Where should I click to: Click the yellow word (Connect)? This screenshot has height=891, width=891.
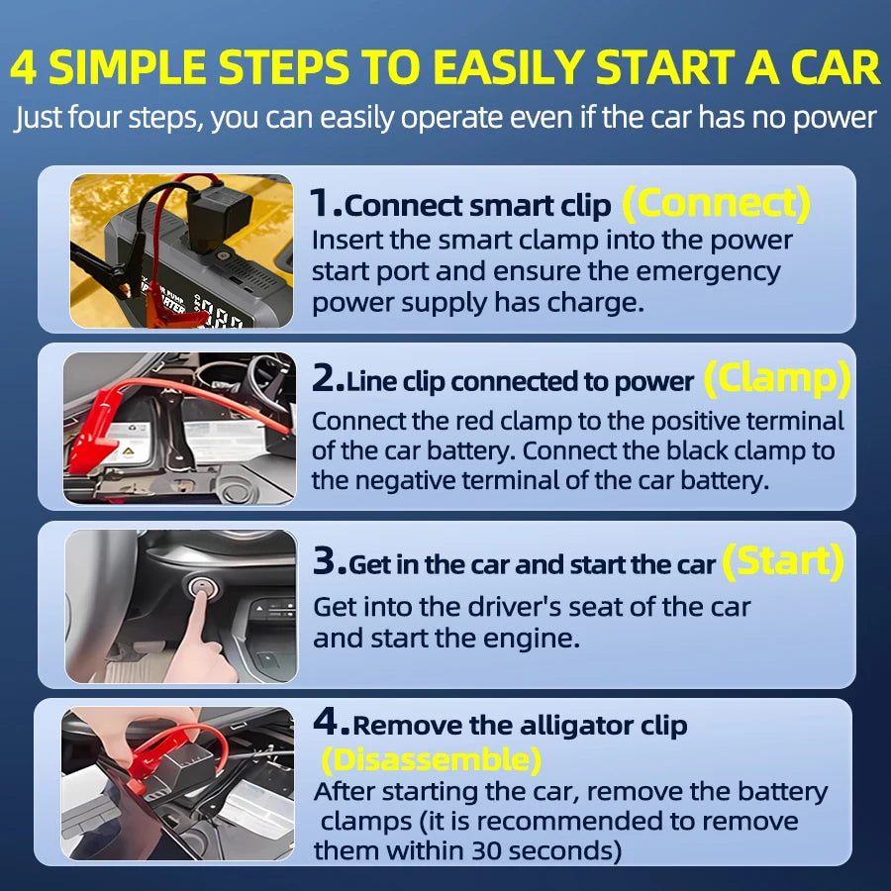point(716,204)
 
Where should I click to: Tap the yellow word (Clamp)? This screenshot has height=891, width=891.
point(776,378)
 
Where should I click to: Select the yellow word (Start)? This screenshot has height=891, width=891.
point(782,561)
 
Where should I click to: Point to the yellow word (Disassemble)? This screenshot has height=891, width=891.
point(432,760)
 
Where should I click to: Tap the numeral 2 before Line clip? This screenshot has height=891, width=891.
point(326,380)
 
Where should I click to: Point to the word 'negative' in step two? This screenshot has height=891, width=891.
point(428,481)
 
